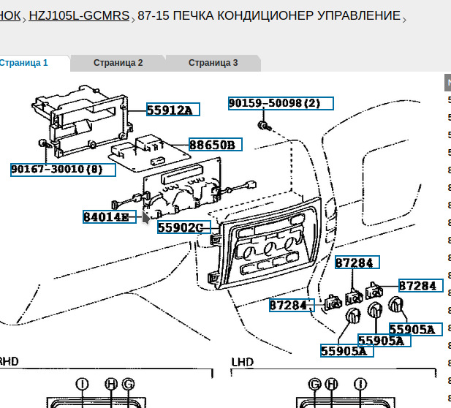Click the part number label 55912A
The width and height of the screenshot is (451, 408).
click(x=173, y=110)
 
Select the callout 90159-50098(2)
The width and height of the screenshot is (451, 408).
click(x=280, y=103)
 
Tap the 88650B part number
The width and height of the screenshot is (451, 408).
click(x=216, y=145)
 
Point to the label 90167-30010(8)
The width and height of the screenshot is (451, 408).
click(x=63, y=170)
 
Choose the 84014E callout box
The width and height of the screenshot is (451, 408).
click(x=109, y=216)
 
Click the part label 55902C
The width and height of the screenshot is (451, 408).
click(x=183, y=227)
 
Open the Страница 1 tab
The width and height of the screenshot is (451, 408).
click(x=25, y=63)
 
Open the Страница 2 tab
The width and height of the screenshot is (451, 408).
click(x=118, y=63)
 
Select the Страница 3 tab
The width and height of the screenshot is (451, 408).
click(x=213, y=63)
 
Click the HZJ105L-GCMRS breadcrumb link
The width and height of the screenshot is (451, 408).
click(x=80, y=15)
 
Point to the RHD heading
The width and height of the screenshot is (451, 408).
click(x=9, y=362)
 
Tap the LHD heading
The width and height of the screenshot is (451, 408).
click(x=242, y=362)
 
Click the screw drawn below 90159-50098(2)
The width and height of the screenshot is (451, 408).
click(x=263, y=126)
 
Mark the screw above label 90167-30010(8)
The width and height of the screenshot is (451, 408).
click(x=45, y=143)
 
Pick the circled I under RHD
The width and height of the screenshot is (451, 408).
click(x=81, y=383)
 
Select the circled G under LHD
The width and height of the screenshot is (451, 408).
click(x=314, y=383)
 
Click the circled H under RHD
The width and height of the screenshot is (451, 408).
click(x=111, y=383)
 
